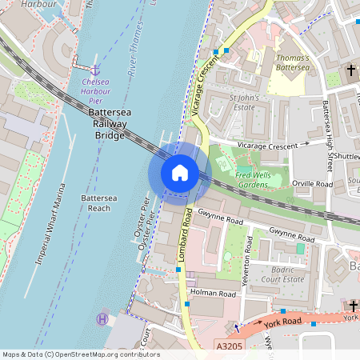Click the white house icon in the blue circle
180,172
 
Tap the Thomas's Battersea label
292,63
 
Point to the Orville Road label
313,184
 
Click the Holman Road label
214,294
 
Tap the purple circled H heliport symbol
102,319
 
